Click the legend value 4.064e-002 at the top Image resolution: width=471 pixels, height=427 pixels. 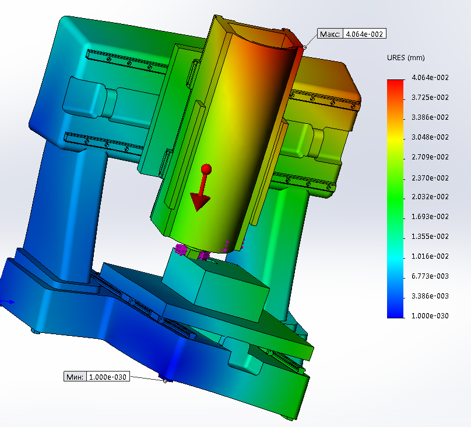pos(430,77)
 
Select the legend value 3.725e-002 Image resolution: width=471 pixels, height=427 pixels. pos(430,97)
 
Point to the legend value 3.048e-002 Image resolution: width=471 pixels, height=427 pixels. pos(430,137)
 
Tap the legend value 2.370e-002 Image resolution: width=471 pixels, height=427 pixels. pos(430,178)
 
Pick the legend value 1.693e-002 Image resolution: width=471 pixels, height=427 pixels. pos(430,216)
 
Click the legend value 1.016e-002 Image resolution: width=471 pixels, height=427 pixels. pos(430,256)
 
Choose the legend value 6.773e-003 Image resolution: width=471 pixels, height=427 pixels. pos(430,276)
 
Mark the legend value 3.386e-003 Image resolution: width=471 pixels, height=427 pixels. pos(430,296)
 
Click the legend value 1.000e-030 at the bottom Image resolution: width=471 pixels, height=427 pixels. pos(430,315)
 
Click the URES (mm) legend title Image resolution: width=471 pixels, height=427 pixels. pos(406,58)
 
